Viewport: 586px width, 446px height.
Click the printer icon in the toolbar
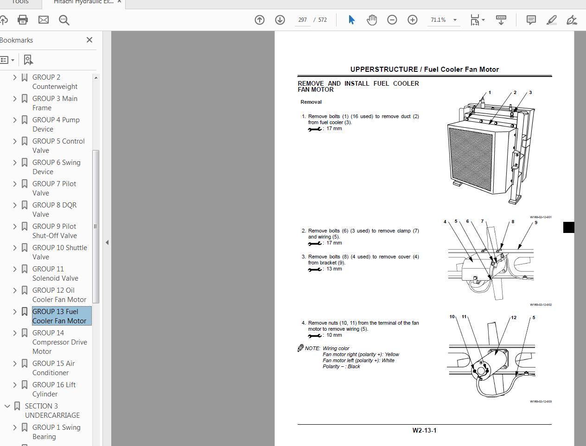click(22, 19)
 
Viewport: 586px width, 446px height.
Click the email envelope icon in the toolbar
click(43, 19)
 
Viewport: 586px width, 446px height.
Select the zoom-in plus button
click(412, 19)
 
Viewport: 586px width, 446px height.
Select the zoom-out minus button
click(392, 19)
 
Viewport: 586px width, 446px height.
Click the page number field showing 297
click(302, 20)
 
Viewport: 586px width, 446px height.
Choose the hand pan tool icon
click(371, 19)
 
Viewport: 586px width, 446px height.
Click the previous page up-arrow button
click(260, 19)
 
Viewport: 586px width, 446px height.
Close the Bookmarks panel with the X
click(89, 40)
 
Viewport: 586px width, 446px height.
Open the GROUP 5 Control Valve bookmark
click(58, 145)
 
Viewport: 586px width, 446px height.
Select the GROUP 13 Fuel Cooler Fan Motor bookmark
click(59, 316)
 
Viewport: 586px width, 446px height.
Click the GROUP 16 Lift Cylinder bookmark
click(54, 389)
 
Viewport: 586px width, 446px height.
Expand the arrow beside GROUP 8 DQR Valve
click(15, 205)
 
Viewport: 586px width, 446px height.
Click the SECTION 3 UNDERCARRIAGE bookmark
click(52, 410)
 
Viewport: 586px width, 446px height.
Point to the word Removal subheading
click(311, 102)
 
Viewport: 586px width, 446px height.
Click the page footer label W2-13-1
click(424, 430)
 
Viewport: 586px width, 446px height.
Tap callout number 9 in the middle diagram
click(536, 222)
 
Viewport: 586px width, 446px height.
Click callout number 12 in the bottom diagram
click(514, 317)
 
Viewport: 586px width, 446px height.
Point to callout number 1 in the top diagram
click(490, 93)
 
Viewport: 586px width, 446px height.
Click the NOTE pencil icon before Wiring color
click(300, 348)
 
